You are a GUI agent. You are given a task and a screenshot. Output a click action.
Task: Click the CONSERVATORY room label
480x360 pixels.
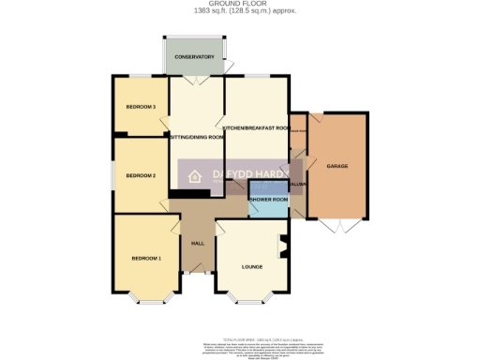(x=194, y=57)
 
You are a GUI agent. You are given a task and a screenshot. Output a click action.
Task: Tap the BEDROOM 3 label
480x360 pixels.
(x=141, y=107)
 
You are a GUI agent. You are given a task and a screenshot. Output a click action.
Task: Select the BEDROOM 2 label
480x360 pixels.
(x=141, y=175)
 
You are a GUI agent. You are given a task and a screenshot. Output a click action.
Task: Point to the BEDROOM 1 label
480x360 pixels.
(x=146, y=258)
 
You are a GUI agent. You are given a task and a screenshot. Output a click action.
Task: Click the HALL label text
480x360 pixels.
(x=198, y=243)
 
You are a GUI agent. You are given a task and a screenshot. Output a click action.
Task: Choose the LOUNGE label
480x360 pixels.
(x=251, y=267)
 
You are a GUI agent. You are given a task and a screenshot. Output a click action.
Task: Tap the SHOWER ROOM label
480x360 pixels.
(x=268, y=200)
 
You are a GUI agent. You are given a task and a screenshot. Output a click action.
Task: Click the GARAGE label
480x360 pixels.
(x=337, y=166)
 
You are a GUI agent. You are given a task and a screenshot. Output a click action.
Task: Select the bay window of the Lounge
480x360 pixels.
(x=247, y=299)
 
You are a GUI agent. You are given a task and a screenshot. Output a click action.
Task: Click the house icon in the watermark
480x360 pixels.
(x=196, y=175)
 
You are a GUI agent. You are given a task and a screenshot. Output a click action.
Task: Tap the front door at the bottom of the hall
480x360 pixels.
(x=197, y=274)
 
